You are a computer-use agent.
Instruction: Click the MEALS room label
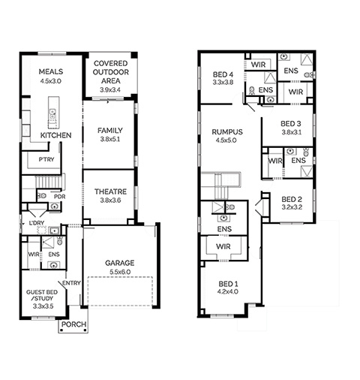(x=51, y=72)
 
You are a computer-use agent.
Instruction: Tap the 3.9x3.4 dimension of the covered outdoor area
(x=110, y=89)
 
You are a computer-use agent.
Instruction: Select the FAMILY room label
(x=110, y=131)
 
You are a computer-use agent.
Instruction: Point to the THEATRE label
(x=110, y=192)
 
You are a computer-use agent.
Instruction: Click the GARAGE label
(x=120, y=263)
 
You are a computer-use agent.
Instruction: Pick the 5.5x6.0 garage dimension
(x=120, y=272)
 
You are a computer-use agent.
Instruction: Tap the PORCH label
(x=74, y=324)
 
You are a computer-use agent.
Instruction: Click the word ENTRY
(x=71, y=283)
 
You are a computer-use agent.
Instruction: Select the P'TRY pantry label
(x=46, y=159)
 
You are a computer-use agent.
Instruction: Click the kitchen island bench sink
(x=52, y=114)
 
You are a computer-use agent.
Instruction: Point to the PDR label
(x=60, y=197)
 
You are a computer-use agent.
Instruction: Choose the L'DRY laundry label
(x=37, y=223)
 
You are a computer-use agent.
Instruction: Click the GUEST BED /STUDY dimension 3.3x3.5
(x=43, y=306)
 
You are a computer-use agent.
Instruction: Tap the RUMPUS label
(x=227, y=132)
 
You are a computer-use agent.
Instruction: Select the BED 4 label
(x=223, y=74)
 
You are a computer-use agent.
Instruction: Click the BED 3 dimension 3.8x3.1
(x=292, y=132)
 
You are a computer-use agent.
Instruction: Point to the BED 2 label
(x=292, y=200)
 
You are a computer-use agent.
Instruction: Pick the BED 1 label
(x=228, y=284)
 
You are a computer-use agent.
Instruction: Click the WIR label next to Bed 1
(x=223, y=246)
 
